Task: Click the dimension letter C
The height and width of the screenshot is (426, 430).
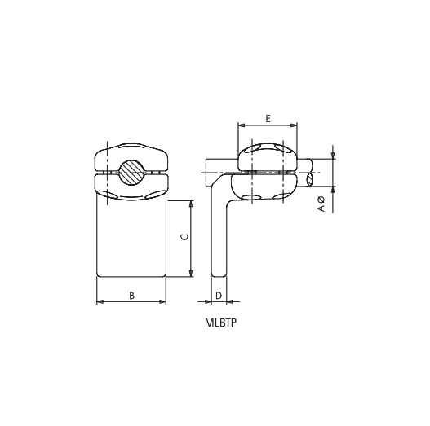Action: coord(184,237)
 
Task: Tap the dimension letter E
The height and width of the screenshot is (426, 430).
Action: coord(268,119)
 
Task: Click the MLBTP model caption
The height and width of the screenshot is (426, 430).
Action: coord(220,322)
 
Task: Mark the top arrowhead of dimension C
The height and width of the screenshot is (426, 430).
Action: coord(192,204)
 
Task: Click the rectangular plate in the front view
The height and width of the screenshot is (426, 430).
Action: coord(131,240)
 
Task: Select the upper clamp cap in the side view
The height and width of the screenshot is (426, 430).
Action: coord(268,157)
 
